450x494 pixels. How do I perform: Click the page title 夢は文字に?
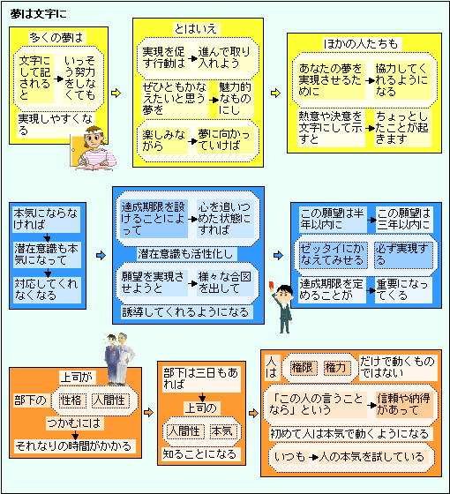[x=39, y=14]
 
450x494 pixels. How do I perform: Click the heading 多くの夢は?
[x=56, y=37]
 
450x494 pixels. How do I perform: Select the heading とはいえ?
[x=195, y=29]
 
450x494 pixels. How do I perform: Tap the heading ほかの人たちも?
[x=361, y=44]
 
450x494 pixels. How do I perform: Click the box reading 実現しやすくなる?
[x=56, y=124]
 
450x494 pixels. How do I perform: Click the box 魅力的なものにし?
[x=235, y=99]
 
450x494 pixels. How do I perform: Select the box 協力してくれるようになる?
[x=401, y=80]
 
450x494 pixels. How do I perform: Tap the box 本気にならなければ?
[x=46, y=220]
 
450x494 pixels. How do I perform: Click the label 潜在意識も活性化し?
[x=185, y=254]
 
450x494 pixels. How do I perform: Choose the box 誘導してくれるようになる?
[x=185, y=312]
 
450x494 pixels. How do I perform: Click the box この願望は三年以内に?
[x=404, y=220]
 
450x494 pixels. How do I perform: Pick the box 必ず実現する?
[x=402, y=255]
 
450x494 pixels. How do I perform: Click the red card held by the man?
[x=271, y=285]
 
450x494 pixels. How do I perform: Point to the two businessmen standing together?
[x=119, y=359]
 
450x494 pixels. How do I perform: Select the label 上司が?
[x=78, y=377]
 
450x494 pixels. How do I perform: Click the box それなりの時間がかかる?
[x=75, y=446]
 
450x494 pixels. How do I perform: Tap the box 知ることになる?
[x=199, y=454]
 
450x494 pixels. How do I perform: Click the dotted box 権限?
[x=303, y=368]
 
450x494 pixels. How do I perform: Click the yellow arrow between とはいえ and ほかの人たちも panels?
[x=275, y=94]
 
